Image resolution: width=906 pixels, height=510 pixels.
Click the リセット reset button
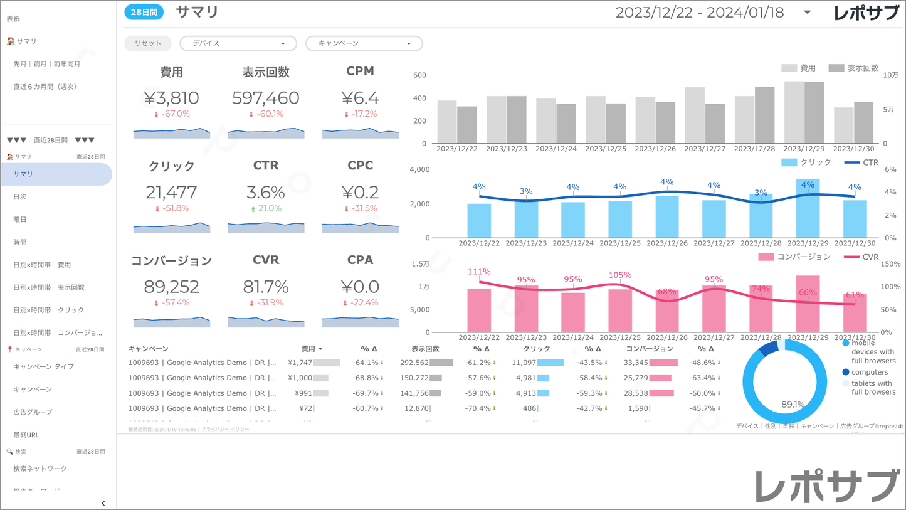148,43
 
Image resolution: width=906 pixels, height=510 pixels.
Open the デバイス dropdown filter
238,43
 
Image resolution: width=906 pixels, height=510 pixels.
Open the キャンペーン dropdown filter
364,43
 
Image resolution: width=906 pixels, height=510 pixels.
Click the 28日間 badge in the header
144,12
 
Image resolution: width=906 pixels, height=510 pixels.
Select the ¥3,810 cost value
171,98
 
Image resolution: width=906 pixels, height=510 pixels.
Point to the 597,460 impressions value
266,98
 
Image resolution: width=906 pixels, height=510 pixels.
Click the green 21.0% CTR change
266,208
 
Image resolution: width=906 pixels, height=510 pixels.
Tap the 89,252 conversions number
171,287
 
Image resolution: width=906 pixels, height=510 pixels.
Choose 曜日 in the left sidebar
20,220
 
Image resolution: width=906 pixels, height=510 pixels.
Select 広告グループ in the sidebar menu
33,412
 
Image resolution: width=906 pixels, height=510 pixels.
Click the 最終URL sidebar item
26,435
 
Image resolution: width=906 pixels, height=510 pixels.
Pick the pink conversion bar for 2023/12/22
479,311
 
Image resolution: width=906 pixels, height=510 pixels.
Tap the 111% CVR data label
479,272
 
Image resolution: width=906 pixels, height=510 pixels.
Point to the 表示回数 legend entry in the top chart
854,68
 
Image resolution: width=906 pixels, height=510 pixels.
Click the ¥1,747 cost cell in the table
300,363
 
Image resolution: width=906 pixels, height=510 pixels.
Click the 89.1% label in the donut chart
793,405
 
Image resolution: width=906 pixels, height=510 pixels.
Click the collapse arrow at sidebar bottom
103,503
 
